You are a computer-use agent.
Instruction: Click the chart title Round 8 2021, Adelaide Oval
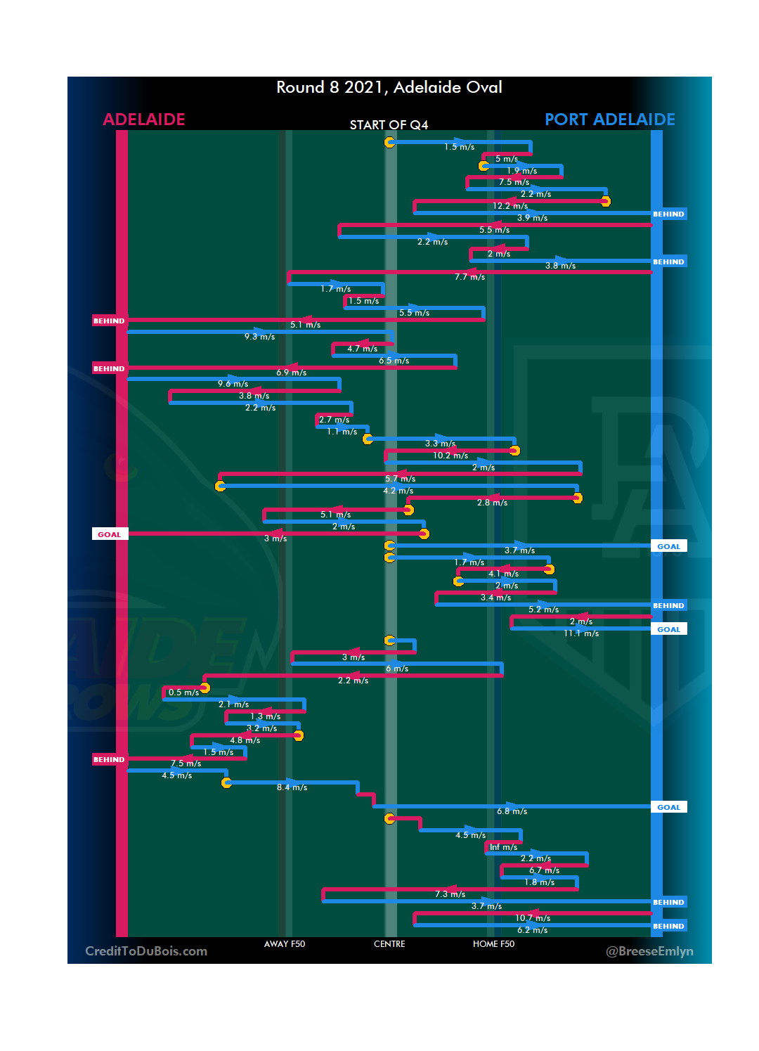click(x=389, y=87)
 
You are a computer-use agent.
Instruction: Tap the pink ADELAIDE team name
click(x=144, y=120)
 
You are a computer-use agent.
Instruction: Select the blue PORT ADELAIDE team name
click(x=609, y=120)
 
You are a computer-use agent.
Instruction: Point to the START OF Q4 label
click(x=389, y=125)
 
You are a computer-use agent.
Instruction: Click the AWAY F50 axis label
click(x=284, y=944)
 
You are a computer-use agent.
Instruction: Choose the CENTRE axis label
click(x=389, y=944)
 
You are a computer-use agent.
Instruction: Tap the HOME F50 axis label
click(x=493, y=944)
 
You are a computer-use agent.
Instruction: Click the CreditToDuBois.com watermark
click(x=146, y=951)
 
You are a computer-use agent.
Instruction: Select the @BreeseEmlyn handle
click(x=649, y=951)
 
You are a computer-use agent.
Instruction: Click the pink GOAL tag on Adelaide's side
click(x=110, y=534)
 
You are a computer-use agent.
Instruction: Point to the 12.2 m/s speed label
click(x=510, y=206)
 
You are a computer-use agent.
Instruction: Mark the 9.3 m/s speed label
click(x=259, y=337)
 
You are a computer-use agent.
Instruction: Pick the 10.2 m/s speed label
click(x=450, y=456)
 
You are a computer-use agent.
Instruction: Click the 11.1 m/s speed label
click(x=581, y=633)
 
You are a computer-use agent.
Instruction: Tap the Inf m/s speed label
click(x=503, y=847)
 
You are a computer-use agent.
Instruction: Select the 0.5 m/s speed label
click(x=183, y=692)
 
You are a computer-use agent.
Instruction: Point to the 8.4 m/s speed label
click(x=292, y=787)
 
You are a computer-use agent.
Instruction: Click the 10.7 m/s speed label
click(x=533, y=918)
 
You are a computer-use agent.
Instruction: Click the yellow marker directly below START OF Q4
click(x=389, y=143)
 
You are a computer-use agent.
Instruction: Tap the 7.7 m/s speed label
click(x=469, y=277)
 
